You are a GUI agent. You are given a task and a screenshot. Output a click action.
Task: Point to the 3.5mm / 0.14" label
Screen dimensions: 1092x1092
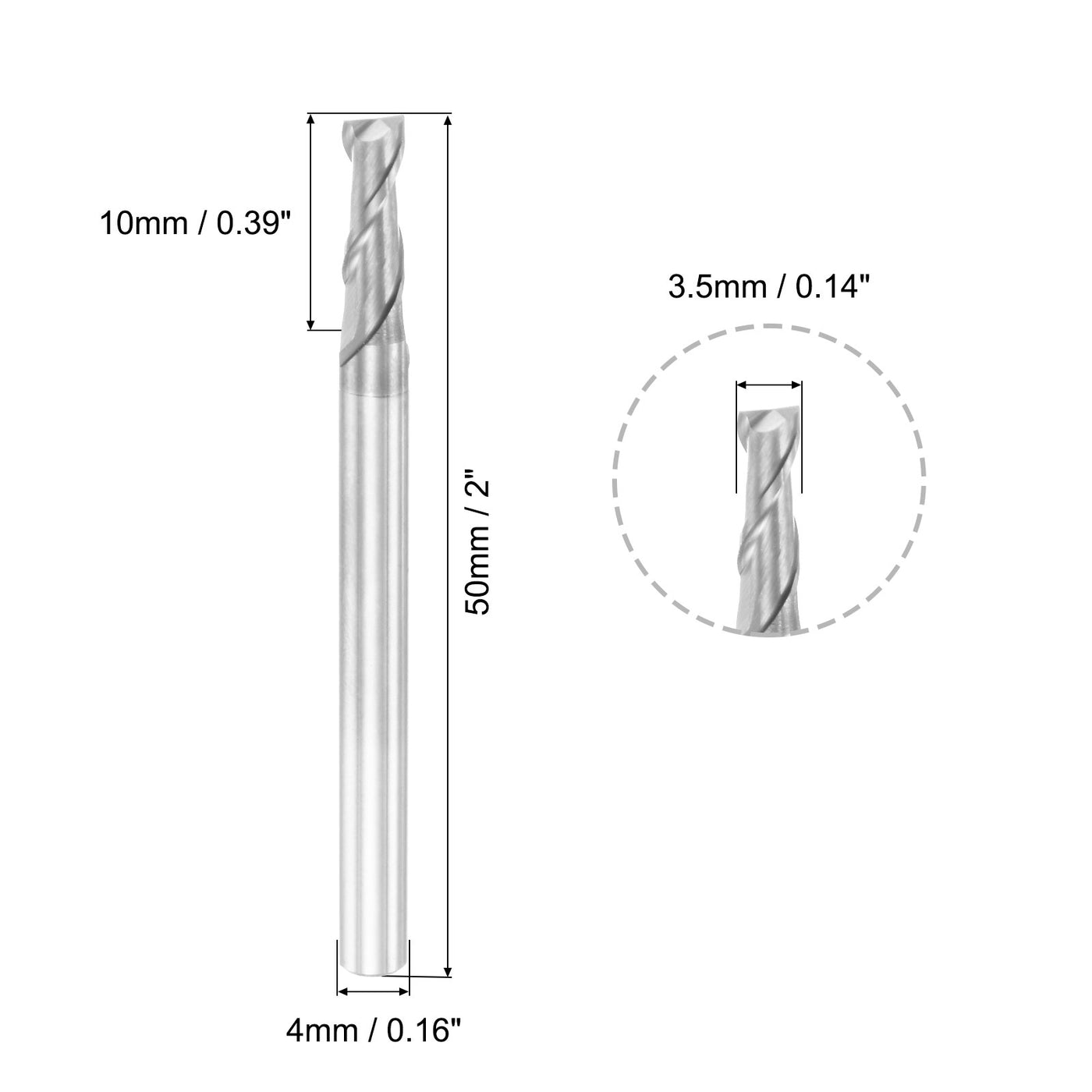768,289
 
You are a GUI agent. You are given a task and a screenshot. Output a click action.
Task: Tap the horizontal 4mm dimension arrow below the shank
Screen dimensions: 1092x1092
373,992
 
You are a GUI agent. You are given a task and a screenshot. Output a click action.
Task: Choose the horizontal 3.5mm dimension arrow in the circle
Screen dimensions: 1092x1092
768,385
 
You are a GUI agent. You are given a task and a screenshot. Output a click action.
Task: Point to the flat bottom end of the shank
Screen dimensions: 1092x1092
373,970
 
